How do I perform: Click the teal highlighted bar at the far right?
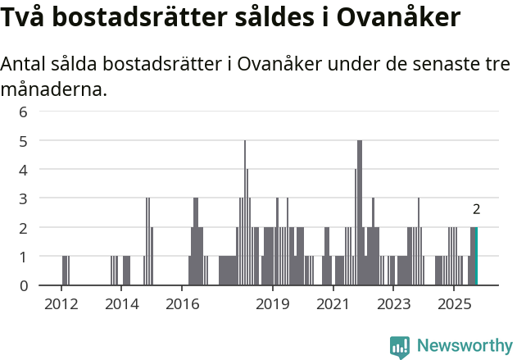(476, 257)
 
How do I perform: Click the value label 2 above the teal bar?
(476, 209)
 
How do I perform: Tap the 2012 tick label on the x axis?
(61, 303)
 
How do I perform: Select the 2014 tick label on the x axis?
(121, 303)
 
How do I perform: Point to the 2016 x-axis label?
(182, 303)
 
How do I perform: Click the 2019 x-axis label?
(273, 303)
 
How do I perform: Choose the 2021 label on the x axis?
(333, 303)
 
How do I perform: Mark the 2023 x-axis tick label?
(393, 303)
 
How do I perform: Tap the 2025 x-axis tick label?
(454, 303)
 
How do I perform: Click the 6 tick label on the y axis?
(24, 112)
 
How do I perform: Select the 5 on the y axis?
(24, 141)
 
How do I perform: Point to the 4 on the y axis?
(24, 170)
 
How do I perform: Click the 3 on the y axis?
(24, 198)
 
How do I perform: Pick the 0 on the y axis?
(24, 285)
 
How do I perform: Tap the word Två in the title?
(30, 17)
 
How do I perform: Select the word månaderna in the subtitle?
(54, 89)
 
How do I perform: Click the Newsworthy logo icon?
(400, 347)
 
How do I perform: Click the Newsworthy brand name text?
(464, 346)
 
